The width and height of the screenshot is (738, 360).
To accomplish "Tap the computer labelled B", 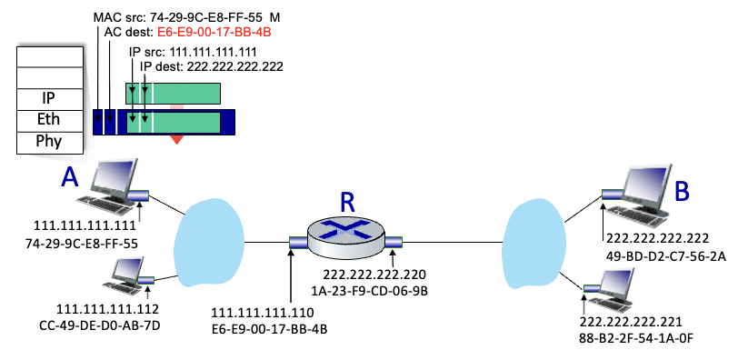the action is [x=635, y=195].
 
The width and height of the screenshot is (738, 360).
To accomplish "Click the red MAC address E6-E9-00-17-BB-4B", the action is [x=214, y=33].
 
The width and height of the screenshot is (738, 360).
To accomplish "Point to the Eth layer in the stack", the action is [x=49, y=119].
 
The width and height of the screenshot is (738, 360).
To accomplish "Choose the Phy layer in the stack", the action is [x=49, y=142].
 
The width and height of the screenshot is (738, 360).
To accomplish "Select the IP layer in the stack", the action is [x=49, y=98].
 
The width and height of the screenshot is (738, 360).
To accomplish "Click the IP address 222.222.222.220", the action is [x=374, y=274].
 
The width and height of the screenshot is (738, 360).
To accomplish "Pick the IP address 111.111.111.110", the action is [x=263, y=313].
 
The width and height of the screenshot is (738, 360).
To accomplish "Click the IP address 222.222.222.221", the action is [x=631, y=322].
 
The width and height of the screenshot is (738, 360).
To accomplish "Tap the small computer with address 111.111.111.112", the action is [x=127, y=275].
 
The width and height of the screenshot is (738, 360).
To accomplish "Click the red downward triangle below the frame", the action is [x=177, y=139].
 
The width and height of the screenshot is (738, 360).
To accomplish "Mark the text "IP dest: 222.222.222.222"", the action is [x=213, y=67].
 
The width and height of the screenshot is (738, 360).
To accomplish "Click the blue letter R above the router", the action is [x=346, y=202].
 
